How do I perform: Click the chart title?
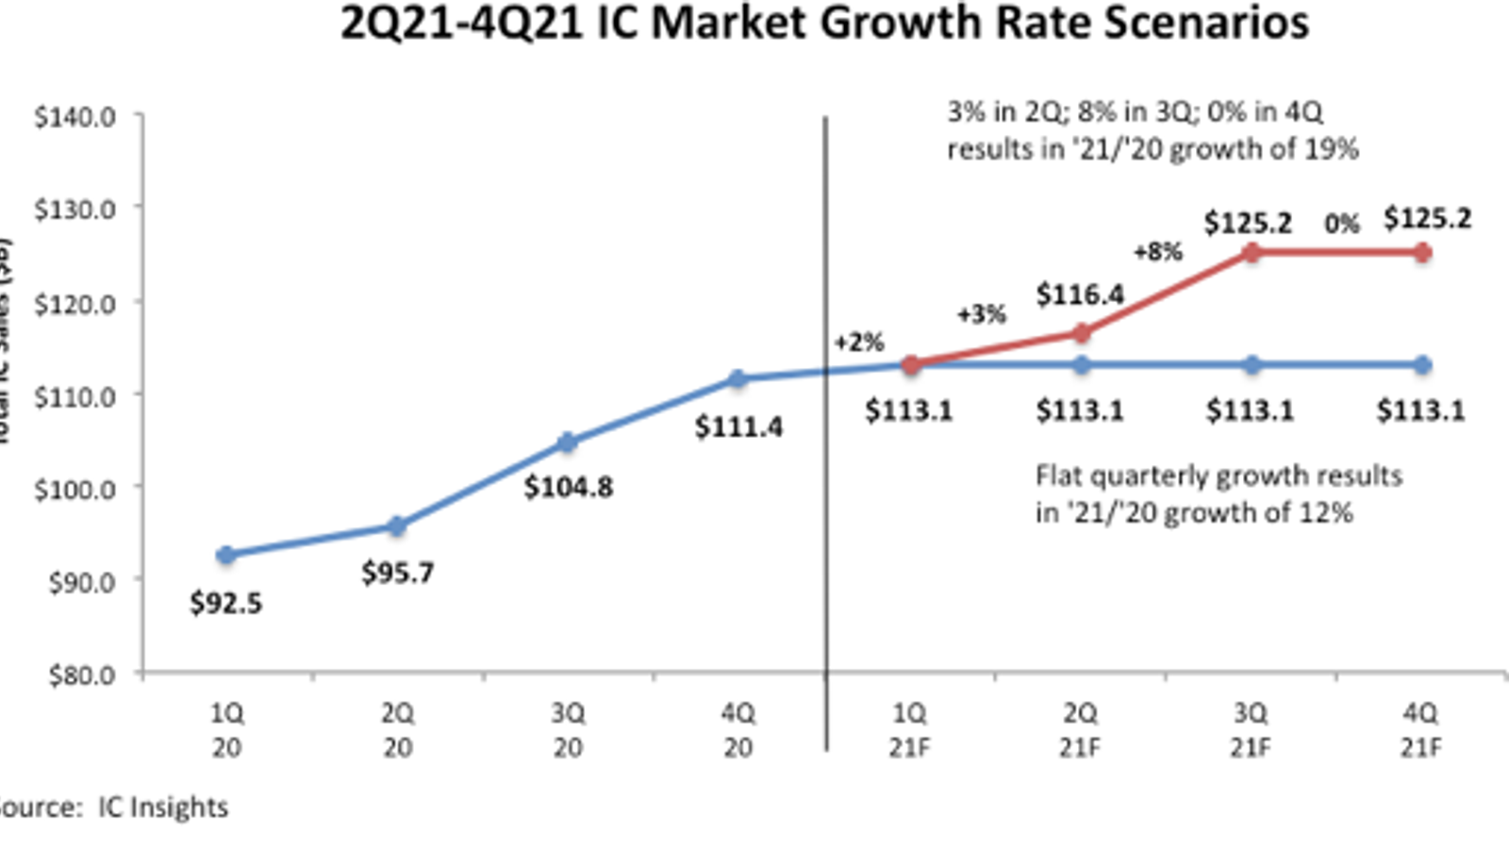click(x=823, y=23)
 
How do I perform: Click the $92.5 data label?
click(x=226, y=603)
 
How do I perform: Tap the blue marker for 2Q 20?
click(x=397, y=526)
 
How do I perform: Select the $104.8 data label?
click(x=568, y=487)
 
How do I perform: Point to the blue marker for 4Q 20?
click(x=738, y=379)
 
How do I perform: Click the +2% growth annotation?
click(x=858, y=341)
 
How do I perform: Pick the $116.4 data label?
click(x=1080, y=295)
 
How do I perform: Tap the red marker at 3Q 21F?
click(x=1252, y=253)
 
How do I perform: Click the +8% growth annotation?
click(x=1157, y=252)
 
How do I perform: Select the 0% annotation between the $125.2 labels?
click(x=1341, y=225)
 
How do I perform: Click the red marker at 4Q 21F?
click(x=1422, y=253)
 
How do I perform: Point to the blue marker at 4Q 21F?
click(x=1422, y=365)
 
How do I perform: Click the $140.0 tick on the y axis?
click(x=75, y=117)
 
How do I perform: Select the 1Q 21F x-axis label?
click(x=909, y=730)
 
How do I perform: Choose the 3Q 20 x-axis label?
click(x=568, y=730)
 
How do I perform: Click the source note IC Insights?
click(x=113, y=807)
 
